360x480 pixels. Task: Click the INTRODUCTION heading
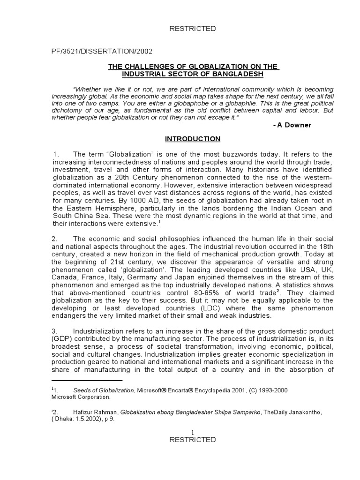point(192,139)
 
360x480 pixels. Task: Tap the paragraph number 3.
point(54,331)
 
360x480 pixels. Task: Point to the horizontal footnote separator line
point(87,381)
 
